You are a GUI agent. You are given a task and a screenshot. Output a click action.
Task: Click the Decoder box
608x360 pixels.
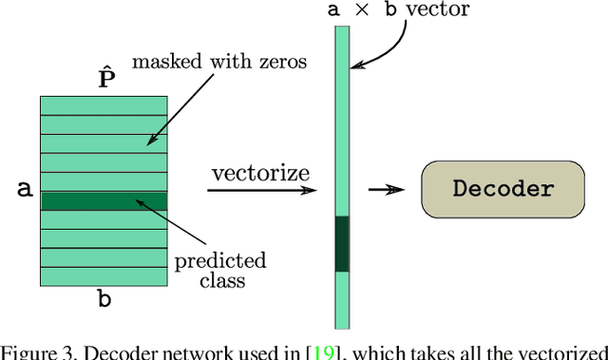503,188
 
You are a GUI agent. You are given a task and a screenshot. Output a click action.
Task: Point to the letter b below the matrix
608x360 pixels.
104,300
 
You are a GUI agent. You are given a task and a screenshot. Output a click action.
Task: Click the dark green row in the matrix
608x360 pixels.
103,200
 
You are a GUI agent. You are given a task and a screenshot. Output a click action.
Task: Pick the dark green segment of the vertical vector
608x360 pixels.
342,244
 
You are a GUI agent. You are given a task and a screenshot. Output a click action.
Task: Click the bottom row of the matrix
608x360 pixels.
103,275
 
